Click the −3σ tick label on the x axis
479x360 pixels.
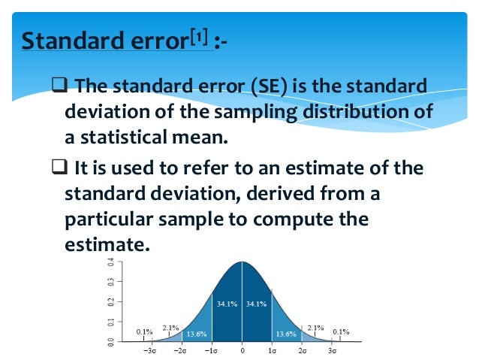coord(149,351)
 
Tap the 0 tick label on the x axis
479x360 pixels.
coord(242,351)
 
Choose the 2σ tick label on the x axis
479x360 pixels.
coord(303,351)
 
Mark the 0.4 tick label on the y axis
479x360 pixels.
coord(111,262)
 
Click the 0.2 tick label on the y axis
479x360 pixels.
coord(111,302)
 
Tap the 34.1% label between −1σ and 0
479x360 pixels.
coord(226,304)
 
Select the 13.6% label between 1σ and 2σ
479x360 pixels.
coord(286,333)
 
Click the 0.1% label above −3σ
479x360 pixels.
coord(144,331)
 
